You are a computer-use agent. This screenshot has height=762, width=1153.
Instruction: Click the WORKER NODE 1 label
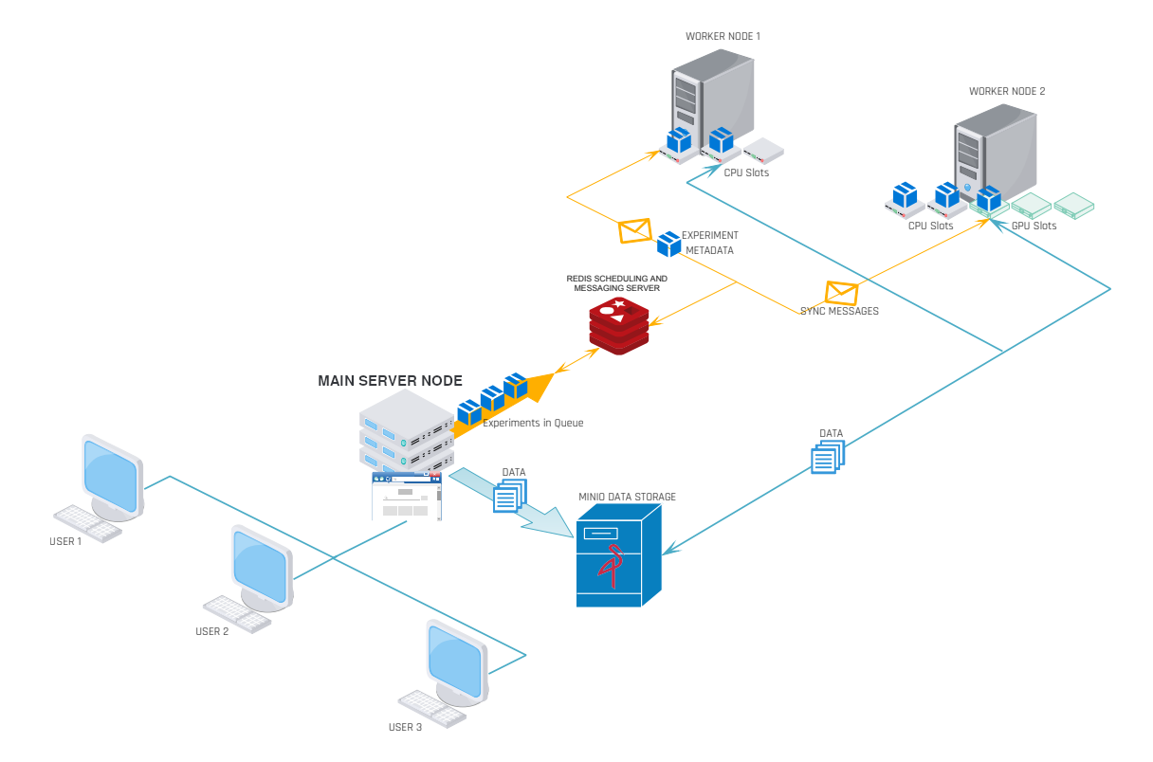(723, 36)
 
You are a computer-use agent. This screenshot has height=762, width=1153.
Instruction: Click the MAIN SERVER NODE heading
(390, 381)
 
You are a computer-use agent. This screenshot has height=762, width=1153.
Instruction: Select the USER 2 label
(211, 631)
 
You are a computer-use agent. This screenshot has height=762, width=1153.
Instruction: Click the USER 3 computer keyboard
(432, 708)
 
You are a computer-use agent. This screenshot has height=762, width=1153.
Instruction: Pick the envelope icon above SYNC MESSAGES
(841, 293)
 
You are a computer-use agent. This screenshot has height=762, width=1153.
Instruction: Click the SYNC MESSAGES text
(839, 311)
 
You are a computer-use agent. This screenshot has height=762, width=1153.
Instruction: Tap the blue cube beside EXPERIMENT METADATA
(669, 244)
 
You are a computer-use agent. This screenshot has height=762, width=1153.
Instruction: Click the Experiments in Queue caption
(533, 423)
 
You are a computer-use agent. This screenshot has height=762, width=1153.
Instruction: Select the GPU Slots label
(1034, 226)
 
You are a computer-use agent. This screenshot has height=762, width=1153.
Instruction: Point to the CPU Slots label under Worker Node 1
(746, 173)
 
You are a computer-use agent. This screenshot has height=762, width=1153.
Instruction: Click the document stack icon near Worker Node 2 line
(828, 457)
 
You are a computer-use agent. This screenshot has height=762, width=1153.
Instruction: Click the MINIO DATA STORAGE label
(627, 497)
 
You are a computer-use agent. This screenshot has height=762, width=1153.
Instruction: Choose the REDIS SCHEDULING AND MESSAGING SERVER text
(617, 282)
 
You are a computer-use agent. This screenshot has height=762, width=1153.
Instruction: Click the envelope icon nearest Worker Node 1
(634, 230)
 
